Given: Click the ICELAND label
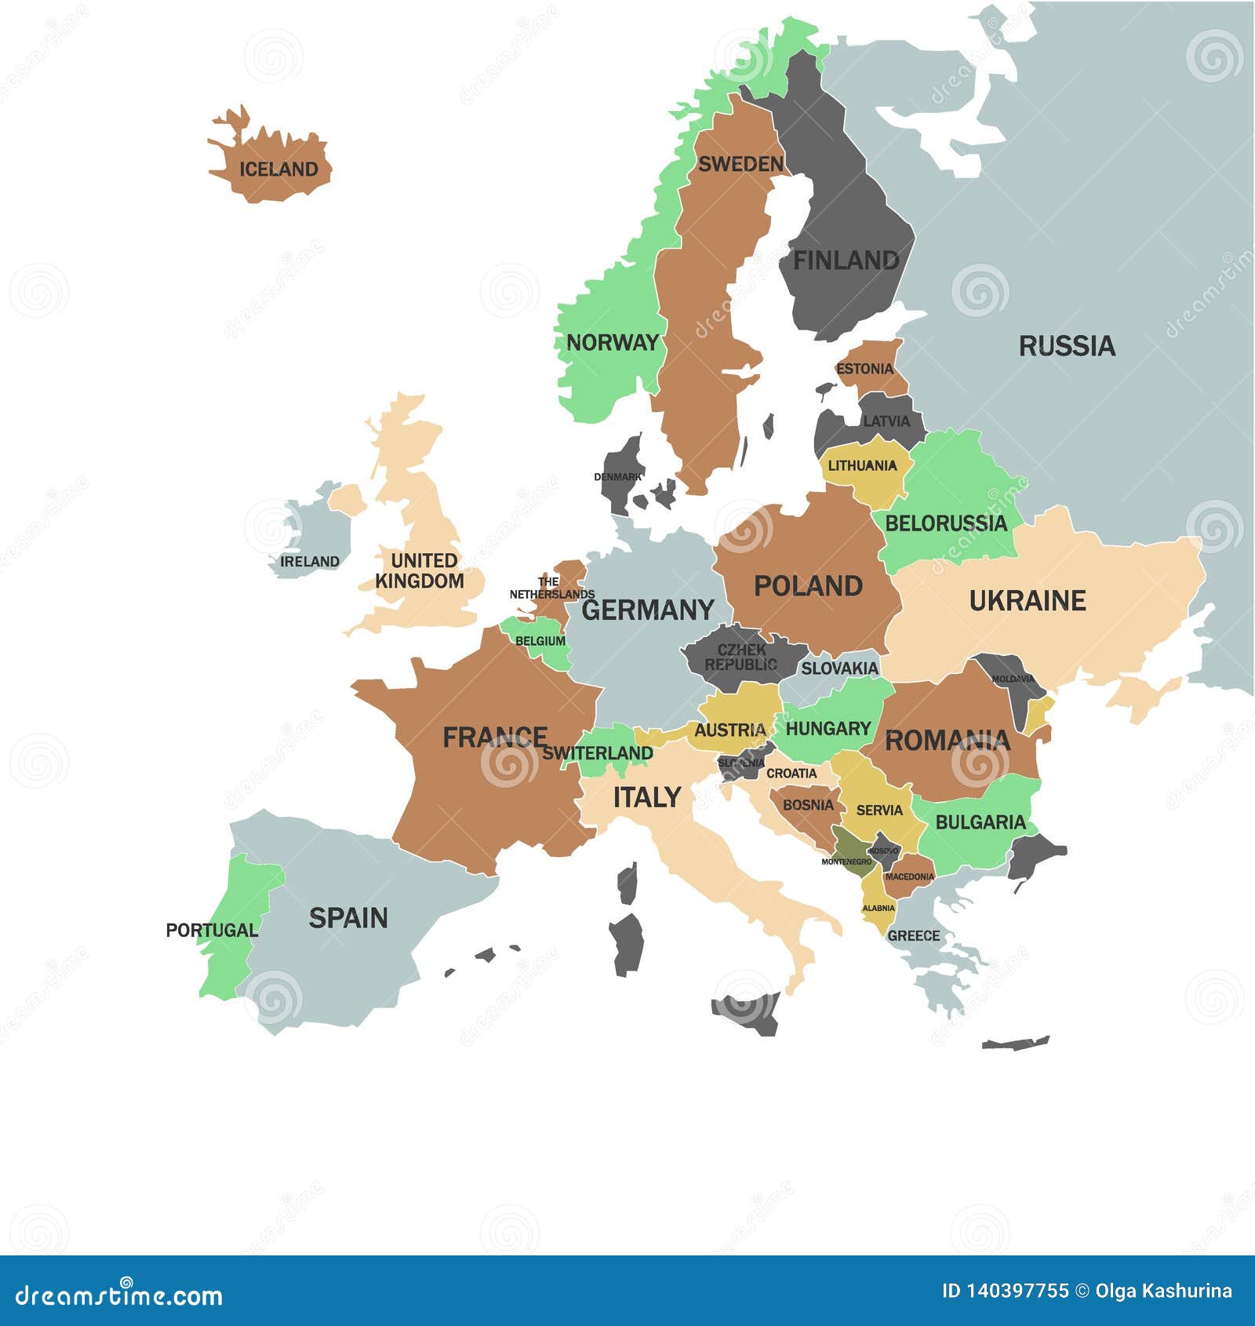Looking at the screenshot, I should point(278,169).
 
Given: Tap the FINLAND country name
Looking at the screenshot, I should point(846,260).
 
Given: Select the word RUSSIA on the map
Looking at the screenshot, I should point(1067,346).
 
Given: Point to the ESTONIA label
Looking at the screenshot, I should point(864,369).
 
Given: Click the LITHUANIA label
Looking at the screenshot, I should point(862,465).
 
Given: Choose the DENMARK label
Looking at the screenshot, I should point(617,477).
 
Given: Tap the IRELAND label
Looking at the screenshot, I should point(310,562).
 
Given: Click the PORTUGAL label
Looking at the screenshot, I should point(211,931).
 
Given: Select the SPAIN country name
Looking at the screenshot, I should point(347,918).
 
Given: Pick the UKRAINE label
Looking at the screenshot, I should point(1027,601).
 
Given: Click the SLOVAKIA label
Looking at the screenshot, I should point(839,668).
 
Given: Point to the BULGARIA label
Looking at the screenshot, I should point(980,822).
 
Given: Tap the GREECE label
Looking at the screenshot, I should point(913,935).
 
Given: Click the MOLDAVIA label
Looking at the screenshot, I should point(1013,679).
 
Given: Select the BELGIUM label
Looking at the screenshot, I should point(540,641).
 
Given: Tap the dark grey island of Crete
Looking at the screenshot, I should point(1015,1044).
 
